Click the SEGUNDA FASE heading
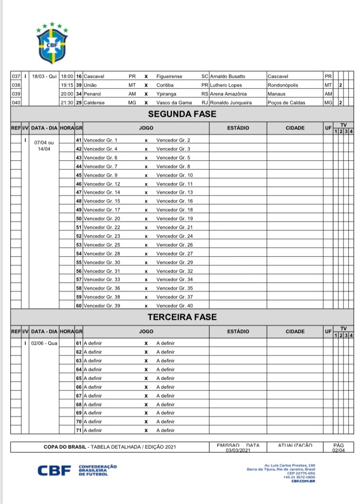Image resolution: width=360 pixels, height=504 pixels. coord(182,115)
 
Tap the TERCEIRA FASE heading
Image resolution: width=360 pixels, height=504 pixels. coord(182,317)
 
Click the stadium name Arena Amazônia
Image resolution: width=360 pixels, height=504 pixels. coord(228,94)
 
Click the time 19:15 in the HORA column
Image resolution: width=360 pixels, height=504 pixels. coord(67,85)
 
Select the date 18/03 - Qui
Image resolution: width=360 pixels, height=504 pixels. coord(44,76)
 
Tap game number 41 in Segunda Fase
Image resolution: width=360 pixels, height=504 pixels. coord(78,140)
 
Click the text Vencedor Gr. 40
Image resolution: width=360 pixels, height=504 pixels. coord(174,306)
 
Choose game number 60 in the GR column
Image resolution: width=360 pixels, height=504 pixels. coord(78,306)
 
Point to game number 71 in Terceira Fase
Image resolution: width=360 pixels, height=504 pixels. coord(78,430)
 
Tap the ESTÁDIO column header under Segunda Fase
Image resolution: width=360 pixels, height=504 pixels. coord(238,128)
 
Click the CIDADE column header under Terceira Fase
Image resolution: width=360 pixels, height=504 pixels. coord(295,332)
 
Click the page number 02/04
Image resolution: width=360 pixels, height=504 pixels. coord(338,450)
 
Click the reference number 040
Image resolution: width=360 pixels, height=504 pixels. coord(16,103)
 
